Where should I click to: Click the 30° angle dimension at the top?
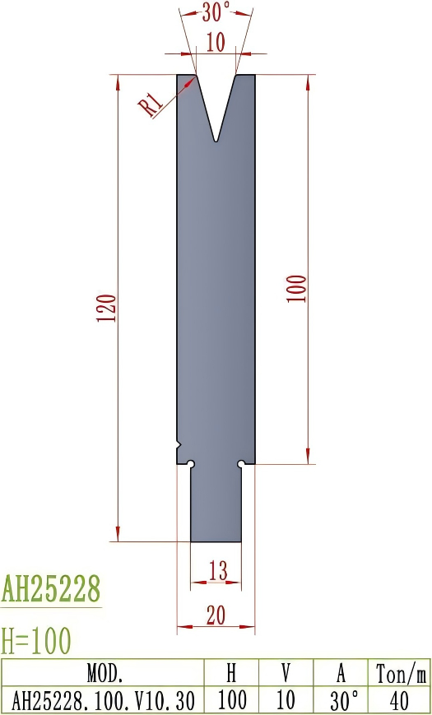216,12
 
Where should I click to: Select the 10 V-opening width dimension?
216,44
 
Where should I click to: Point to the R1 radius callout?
150,104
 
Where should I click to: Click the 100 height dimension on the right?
297,289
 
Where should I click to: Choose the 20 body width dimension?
216,615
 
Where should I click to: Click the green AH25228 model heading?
51,589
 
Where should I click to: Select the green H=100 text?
36,639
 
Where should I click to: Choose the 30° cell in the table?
341,700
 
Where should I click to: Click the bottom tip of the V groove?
216,141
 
